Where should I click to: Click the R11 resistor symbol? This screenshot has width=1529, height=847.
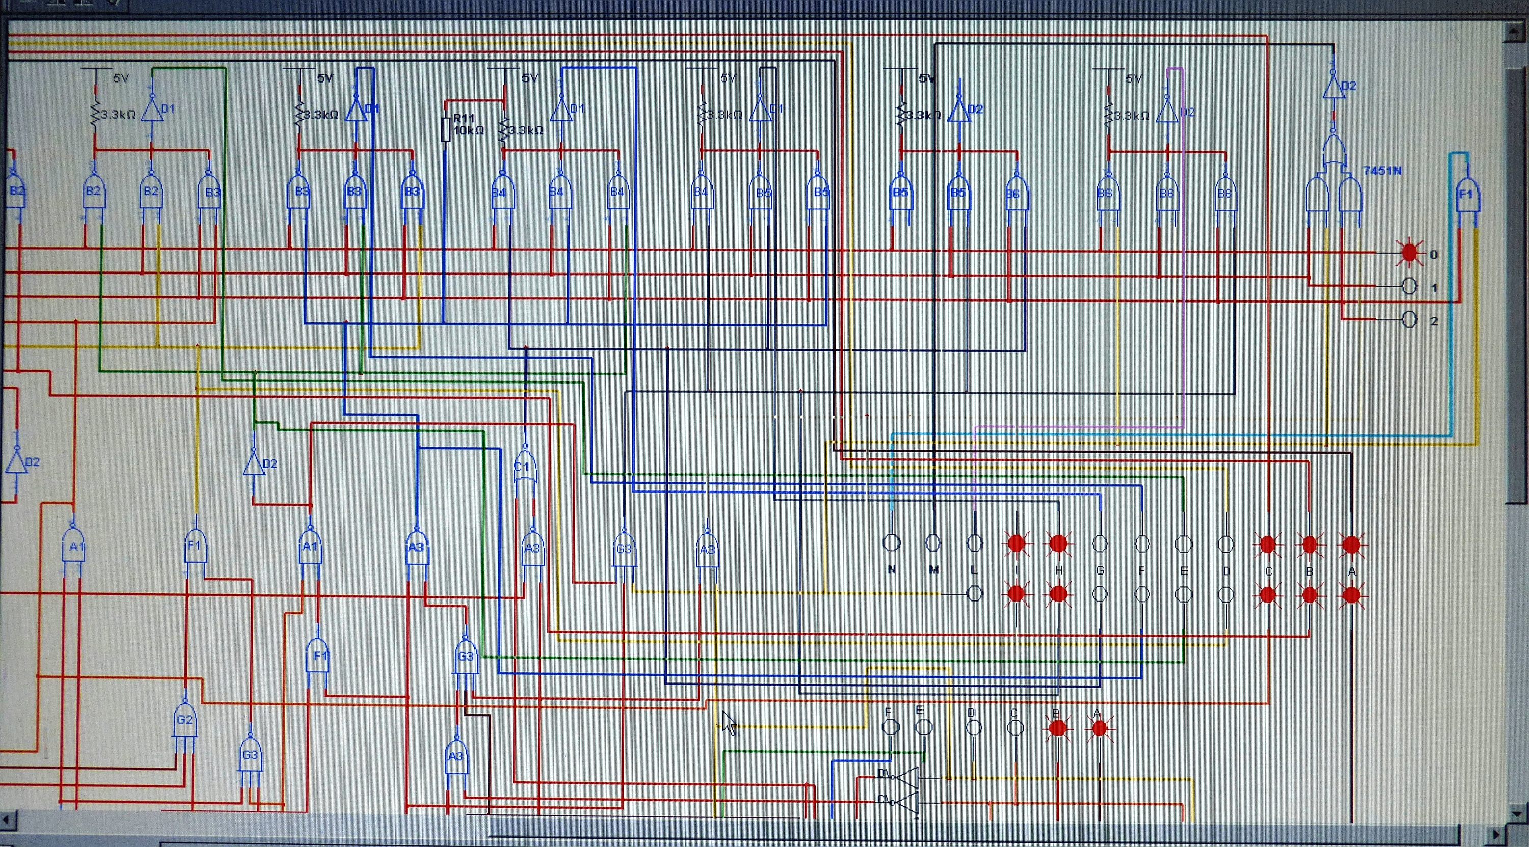(x=446, y=130)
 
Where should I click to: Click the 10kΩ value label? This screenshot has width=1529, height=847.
(x=468, y=130)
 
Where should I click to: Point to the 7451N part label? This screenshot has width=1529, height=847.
(x=1382, y=171)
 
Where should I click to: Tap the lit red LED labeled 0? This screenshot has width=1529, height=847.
(x=1409, y=253)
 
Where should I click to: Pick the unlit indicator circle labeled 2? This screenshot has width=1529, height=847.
(x=1409, y=320)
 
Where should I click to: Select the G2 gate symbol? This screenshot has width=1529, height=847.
(x=184, y=720)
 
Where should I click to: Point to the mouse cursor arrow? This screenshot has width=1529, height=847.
(x=728, y=722)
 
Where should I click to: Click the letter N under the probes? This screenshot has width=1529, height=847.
(x=891, y=570)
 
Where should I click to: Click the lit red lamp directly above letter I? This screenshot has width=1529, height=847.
(x=1017, y=543)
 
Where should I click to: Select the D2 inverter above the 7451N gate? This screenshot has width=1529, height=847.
(x=1334, y=87)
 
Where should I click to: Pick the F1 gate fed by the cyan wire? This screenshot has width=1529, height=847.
(x=1467, y=196)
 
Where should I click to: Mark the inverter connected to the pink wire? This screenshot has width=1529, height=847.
(x=1168, y=111)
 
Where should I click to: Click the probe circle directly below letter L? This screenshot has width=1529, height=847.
(x=974, y=593)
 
